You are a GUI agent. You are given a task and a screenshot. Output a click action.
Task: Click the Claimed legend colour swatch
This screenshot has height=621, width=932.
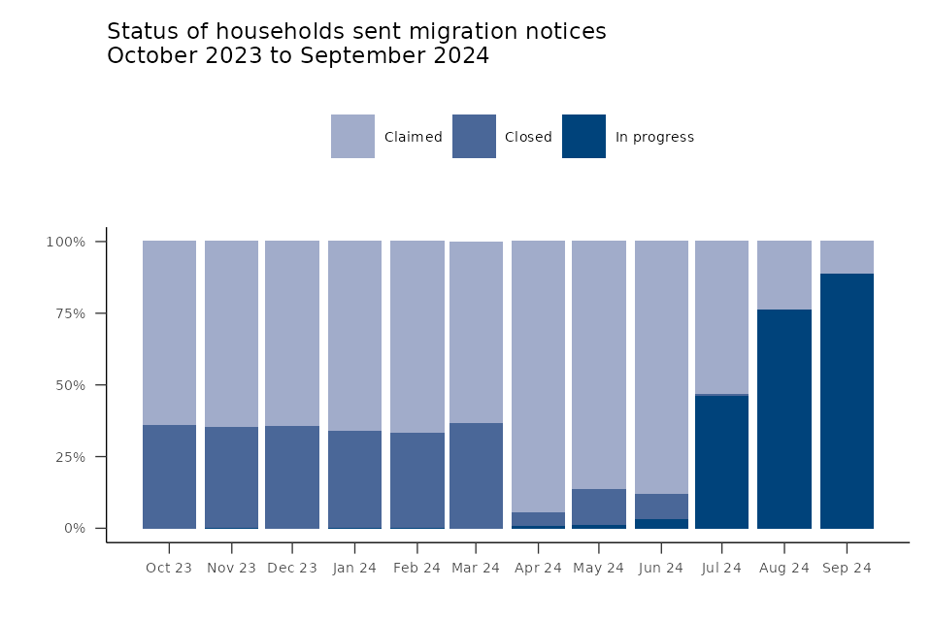click(x=352, y=137)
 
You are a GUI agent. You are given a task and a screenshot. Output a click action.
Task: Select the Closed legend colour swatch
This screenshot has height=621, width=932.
click(x=474, y=137)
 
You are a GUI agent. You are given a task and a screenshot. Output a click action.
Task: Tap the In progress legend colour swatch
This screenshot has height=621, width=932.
click(x=583, y=137)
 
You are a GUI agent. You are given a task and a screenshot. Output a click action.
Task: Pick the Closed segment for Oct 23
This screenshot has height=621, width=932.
click(x=169, y=476)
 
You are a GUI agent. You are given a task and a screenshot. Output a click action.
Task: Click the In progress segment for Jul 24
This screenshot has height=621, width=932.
click(x=721, y=462)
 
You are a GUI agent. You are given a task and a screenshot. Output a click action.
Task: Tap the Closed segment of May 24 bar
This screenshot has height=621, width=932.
click(x=599, y=507)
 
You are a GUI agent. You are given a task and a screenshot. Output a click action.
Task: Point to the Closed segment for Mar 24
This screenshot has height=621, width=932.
click(x=476, y=475)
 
